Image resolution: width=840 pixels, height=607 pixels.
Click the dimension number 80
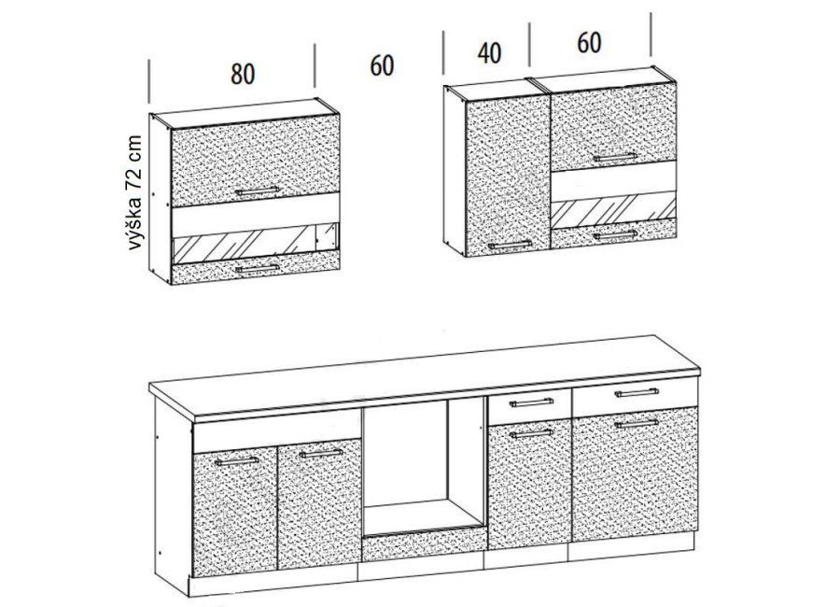tap(243, 74)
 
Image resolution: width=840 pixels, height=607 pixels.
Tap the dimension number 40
tap(489, 53)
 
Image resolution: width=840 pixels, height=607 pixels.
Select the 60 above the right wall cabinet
tap(589, 42)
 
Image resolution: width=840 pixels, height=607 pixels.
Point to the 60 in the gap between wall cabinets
tap(382, 65)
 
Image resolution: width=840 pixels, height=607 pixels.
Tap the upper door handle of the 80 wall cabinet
tap(258, 191)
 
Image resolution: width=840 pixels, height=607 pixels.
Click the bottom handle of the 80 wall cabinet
tap(258, 268)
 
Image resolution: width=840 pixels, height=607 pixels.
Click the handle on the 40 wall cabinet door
tap(510, 245)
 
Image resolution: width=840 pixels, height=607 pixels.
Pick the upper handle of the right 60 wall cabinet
tap(615, 157)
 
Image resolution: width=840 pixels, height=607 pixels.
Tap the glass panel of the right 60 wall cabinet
tap(613, 208)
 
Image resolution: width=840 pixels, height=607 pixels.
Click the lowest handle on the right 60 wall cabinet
tap(615, 235)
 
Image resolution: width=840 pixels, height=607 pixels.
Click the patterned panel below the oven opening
tap(423, 544)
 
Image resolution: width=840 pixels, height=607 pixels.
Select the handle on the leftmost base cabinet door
tap(236, 461)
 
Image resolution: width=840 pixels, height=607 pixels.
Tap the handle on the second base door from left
tap(321, 453)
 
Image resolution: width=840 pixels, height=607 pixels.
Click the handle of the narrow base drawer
tap(531, 402)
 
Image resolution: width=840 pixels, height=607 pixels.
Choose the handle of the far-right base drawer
tap(637, 393)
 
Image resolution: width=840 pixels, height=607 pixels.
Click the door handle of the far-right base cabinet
tap(637, 424)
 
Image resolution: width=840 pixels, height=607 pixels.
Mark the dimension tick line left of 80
tap(149, 81)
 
